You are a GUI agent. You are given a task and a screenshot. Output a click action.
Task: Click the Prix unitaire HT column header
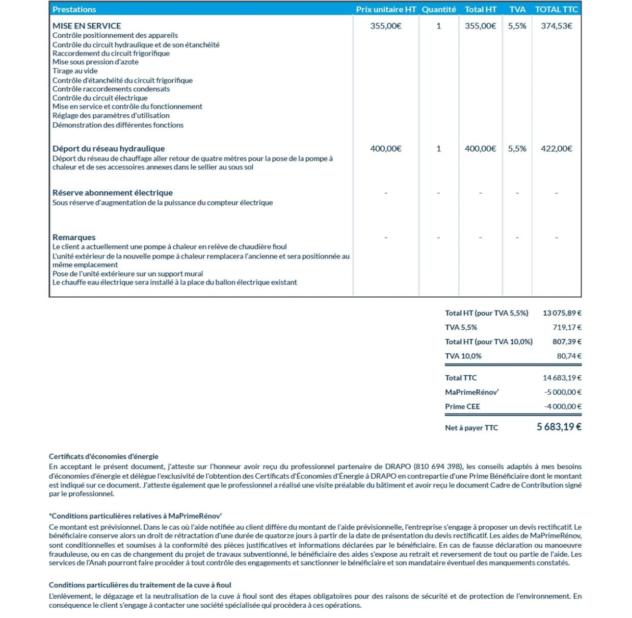tap(386, 9)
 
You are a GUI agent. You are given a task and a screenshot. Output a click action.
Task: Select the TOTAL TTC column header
tap(556, 9)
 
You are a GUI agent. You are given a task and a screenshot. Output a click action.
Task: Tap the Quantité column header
tap(439, 9)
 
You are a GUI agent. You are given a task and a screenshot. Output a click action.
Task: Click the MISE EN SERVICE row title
tap(87, 25)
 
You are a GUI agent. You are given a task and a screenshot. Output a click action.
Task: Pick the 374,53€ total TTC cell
tap(556, 25)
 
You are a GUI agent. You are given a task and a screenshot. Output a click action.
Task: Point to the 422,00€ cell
tap(556, 148)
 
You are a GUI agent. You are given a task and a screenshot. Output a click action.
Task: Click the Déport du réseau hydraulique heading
tap(109, 148)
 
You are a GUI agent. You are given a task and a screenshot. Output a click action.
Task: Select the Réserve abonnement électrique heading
tap(113, 193)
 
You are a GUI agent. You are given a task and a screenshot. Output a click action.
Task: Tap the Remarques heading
tap(74, 237)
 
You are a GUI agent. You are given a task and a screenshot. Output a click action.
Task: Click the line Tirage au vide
tap(75, 71)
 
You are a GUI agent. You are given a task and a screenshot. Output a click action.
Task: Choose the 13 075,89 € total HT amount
tap(562, 313)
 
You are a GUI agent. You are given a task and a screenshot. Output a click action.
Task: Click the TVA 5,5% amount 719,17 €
tap(567, 327)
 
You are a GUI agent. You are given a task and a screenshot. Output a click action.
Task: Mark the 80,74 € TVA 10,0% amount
tap(569, 356)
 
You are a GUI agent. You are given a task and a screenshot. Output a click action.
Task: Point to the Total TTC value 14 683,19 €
tap(562, 378)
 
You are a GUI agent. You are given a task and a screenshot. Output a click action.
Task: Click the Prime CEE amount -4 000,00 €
tap(563, 406)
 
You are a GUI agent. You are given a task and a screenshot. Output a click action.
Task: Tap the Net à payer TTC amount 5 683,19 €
tap(559, 427)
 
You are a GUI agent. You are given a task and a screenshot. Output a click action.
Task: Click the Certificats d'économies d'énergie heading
tap(103, 456)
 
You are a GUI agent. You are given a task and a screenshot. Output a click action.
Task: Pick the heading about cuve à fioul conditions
tap(140, 585)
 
